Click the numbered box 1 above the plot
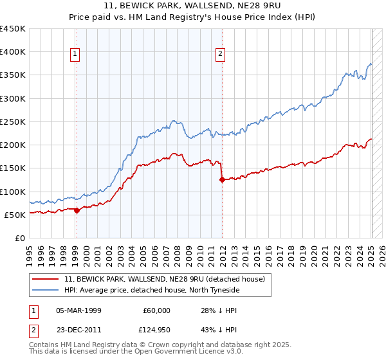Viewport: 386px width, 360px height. pyautogui.click(x=76, y=55)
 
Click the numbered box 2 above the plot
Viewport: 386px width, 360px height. pyautogui.click(x=220, y=55)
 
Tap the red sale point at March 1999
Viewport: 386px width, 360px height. pyautogui.click(x=77, y=210)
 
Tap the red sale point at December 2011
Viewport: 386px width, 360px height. pyautogui.click(x=222, y=180)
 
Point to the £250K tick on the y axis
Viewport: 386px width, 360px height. pyautogui.click(x=13, y=122)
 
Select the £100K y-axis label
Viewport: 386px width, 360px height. pyautogui.click(x=13, y=192)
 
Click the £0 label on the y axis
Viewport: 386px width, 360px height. pyautogui.click(x=21, y=238)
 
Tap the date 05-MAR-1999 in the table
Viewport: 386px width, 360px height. pyautogui.click(x=79, y=310)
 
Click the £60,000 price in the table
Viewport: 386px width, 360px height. pyautogui.click(x=157, y=310)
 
